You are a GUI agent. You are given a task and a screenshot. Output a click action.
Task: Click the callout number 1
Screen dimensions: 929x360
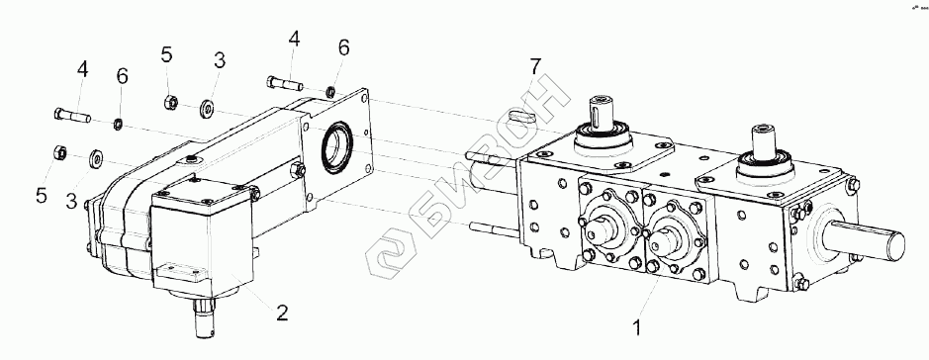(637, 327)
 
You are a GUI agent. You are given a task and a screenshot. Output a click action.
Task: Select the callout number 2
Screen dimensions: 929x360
(282, 313)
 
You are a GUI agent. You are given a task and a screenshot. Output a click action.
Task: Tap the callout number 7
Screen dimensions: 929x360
(535, 66)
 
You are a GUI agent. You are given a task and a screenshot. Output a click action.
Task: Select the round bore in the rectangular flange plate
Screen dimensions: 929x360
(337, 148)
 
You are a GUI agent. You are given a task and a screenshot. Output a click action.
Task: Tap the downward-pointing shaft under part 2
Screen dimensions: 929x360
(205, 320)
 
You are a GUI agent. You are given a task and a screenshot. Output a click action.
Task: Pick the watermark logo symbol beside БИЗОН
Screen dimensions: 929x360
(391, 255)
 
